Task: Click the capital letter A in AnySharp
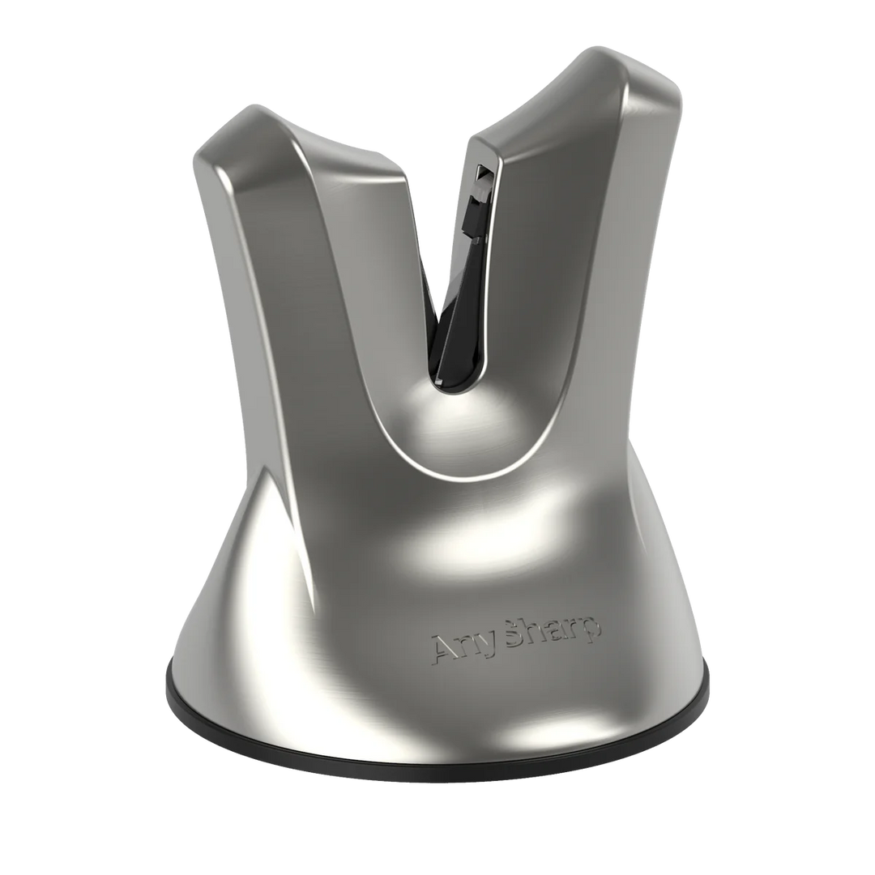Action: [x=447, y=647]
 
